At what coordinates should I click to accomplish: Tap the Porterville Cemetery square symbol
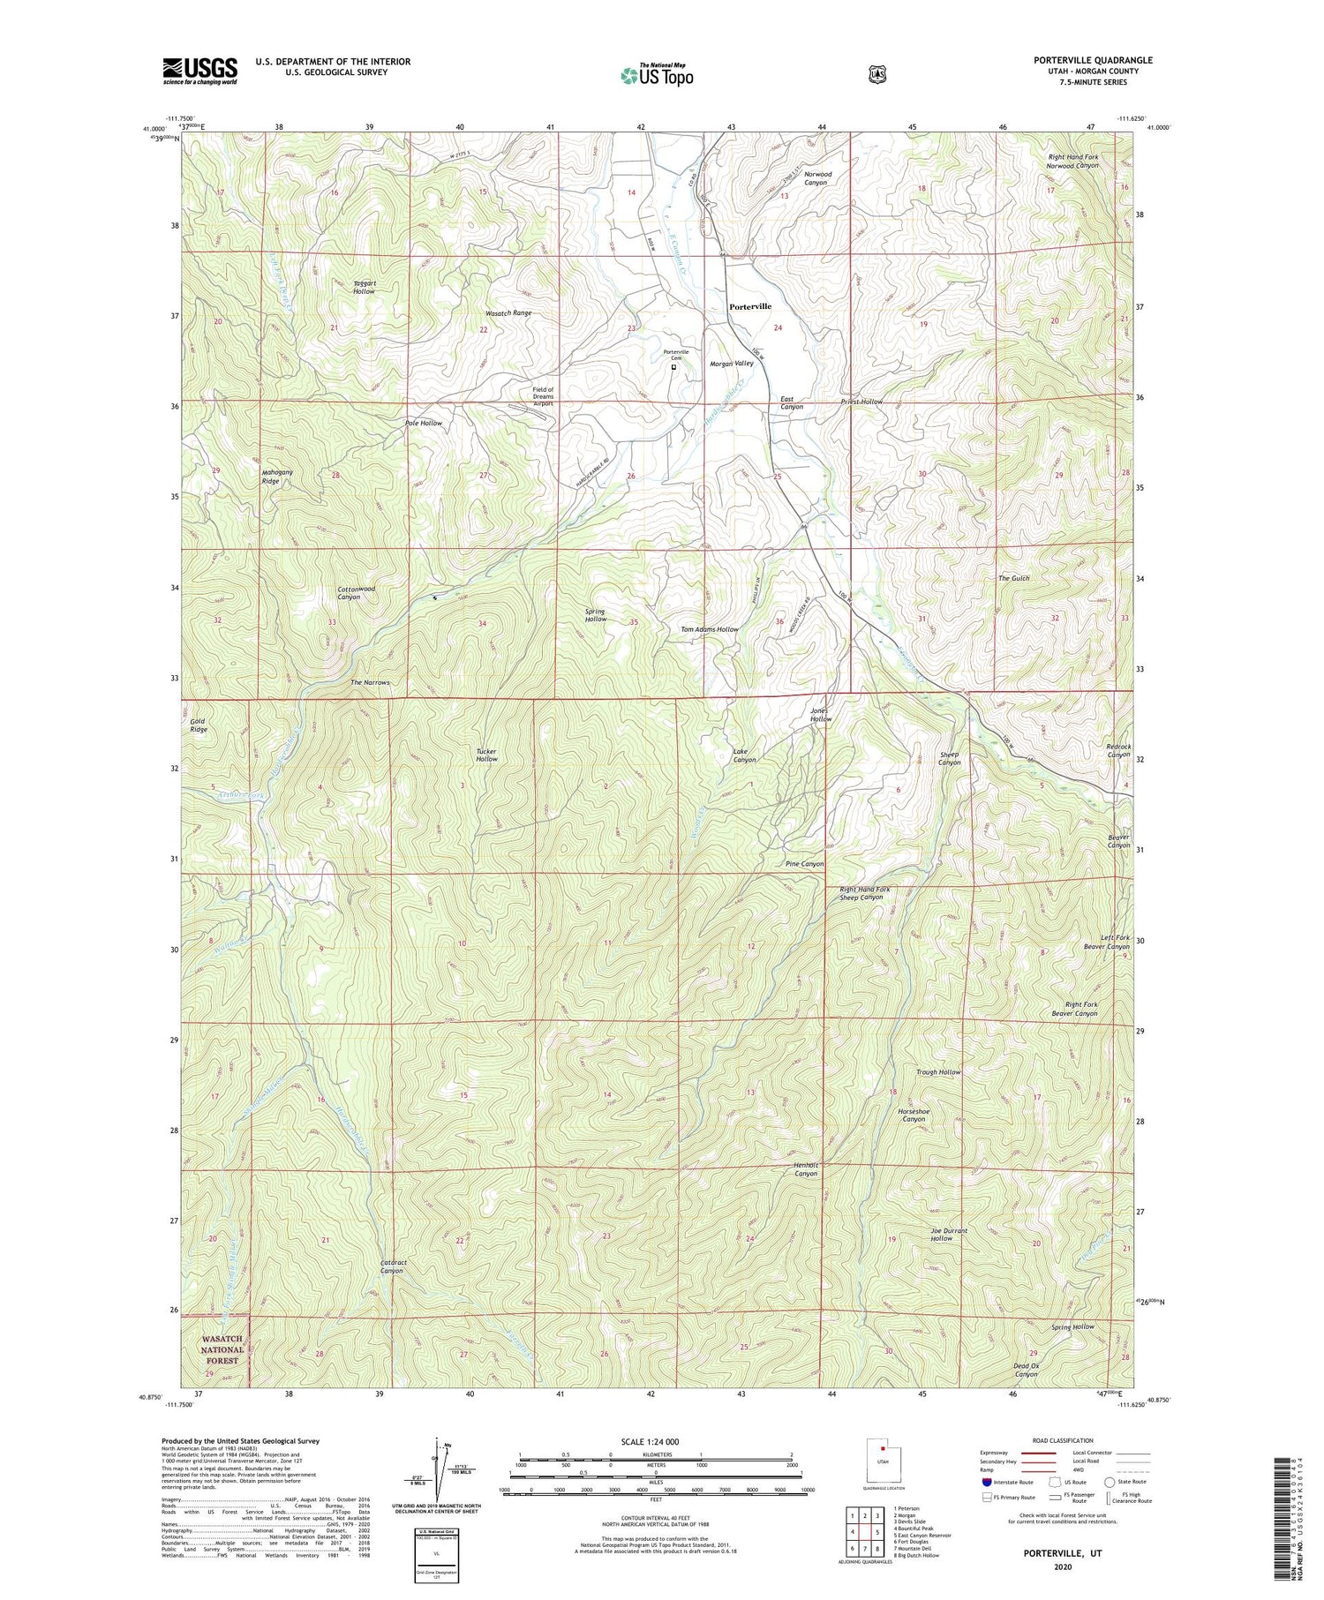pos(673,367)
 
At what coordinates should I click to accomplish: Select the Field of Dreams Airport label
pos(543,396)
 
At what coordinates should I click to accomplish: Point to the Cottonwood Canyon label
pos(356,593)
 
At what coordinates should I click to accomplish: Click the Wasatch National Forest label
pos(222,1349)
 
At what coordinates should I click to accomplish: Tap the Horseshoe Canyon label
pos(914,1115)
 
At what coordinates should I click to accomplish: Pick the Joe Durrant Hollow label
pos(949,1235)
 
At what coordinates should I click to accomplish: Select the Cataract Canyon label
pos(394,1266)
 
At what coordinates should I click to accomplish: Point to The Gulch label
pos(1013,578)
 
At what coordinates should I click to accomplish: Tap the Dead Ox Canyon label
pos(1026,1370)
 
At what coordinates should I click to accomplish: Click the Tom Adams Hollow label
pos(709,629)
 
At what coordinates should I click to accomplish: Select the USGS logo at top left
pos(199,71)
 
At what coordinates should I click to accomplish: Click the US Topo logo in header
pos(657,75)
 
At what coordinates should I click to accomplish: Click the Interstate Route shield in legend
pos(987,1482)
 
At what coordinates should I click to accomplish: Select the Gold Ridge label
pos(199,725)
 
